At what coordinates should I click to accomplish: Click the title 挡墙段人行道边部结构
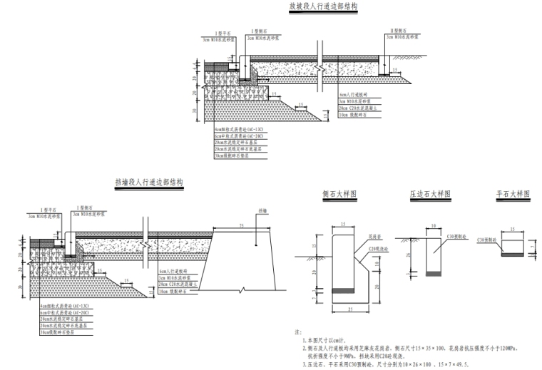point(148,183)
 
